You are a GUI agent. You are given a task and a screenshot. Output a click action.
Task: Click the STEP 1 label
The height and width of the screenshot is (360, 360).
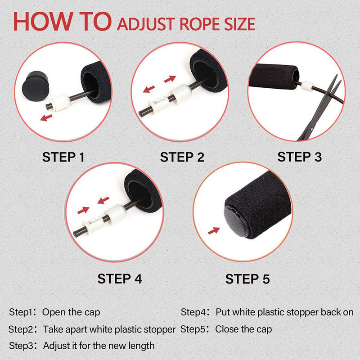pos(63,157)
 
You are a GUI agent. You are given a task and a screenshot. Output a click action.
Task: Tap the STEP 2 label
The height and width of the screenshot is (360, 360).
pos(182,157)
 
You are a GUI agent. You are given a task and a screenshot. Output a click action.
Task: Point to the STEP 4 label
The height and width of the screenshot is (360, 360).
pos(120,279)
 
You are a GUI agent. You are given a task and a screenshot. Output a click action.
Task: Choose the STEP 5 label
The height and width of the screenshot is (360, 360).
pos(247,279)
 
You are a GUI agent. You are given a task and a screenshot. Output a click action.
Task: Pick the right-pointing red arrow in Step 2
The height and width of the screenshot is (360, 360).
pos(170,79)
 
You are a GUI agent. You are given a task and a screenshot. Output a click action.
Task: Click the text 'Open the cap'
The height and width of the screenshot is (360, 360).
pos(72,312)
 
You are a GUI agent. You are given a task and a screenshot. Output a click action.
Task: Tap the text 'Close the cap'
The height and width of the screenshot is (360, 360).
pos(243,329)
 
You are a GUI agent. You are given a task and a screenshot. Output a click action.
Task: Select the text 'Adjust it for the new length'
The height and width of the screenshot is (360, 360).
pos(99,346)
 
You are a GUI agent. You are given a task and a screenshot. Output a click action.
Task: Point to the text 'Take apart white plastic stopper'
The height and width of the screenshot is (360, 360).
pos(109,329)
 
